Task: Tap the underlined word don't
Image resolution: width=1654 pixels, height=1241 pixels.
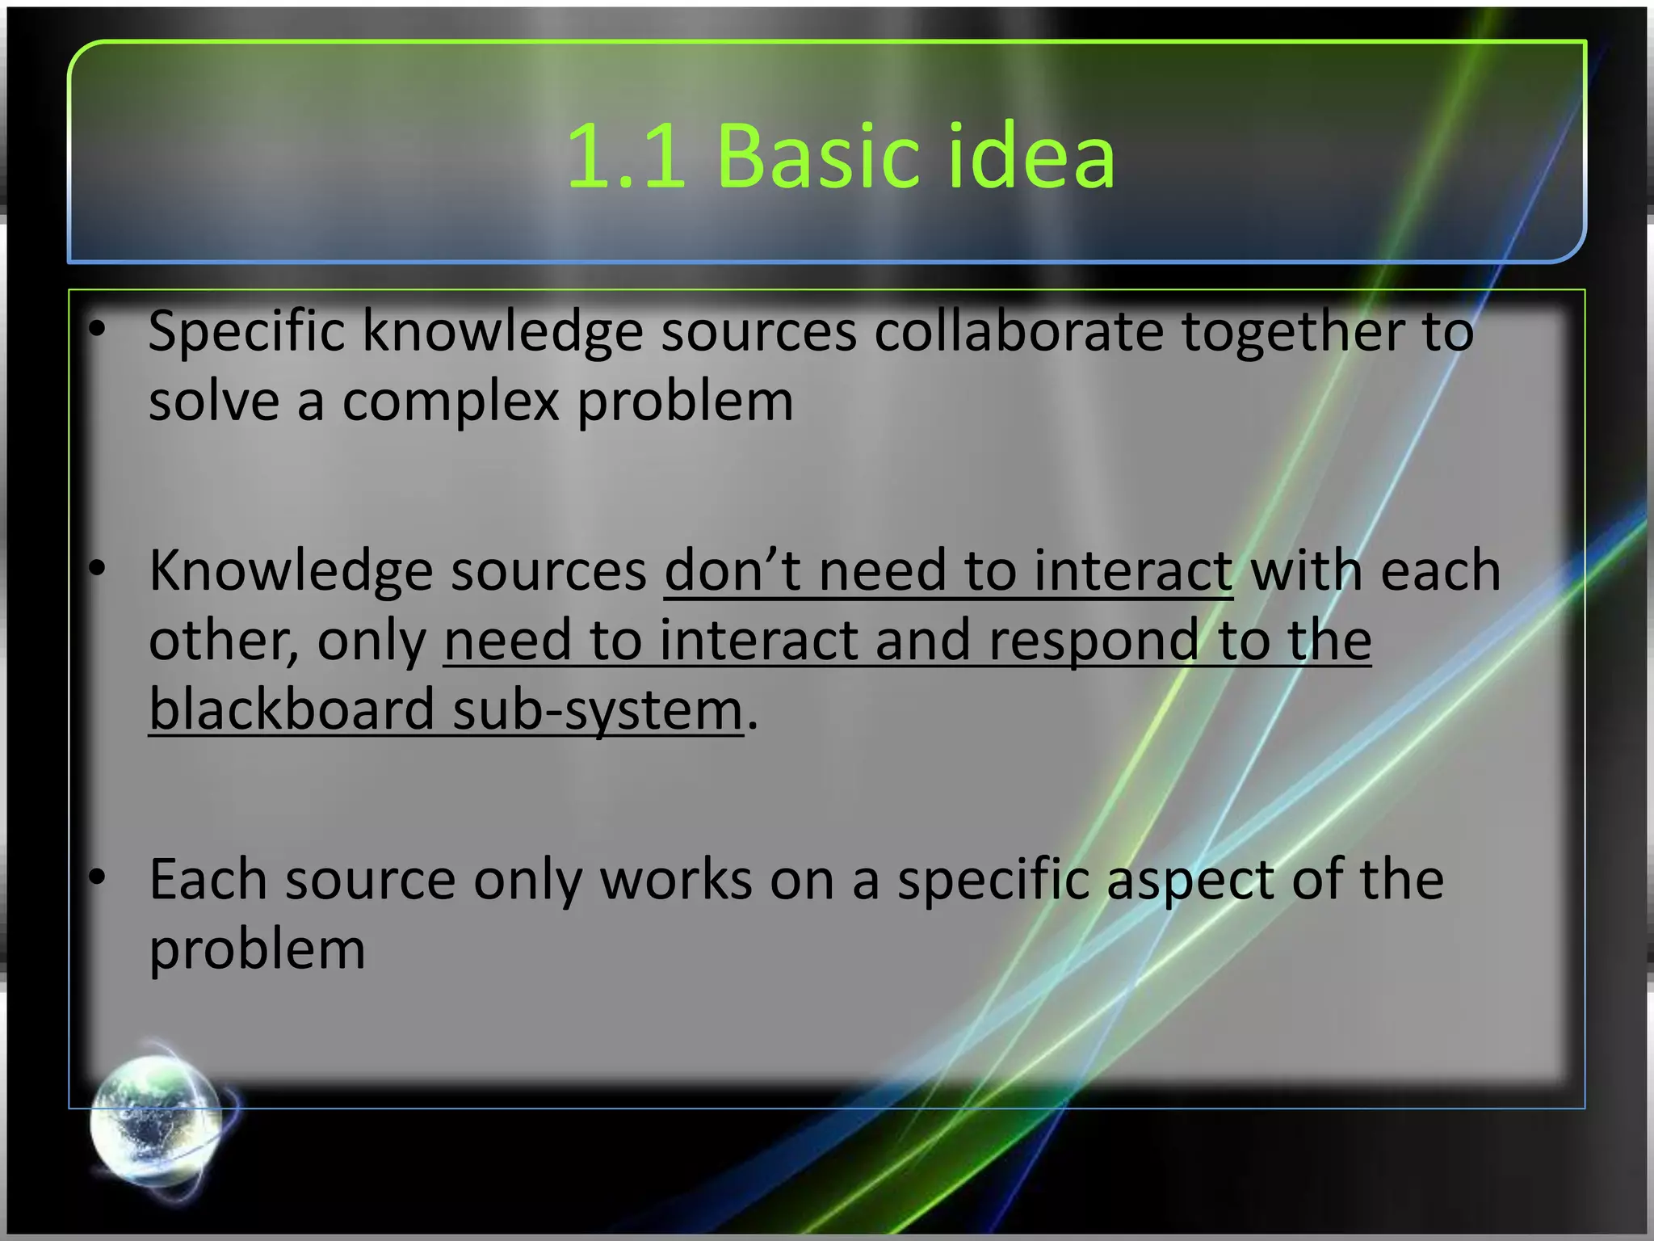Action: [x=732, y=570]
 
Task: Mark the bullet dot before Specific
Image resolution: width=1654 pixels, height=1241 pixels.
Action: [x=98, y=330]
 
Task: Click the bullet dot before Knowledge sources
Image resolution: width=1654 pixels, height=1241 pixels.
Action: [x=98, y=569]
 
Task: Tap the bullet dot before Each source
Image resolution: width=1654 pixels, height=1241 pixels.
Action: [x=98, y=877]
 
